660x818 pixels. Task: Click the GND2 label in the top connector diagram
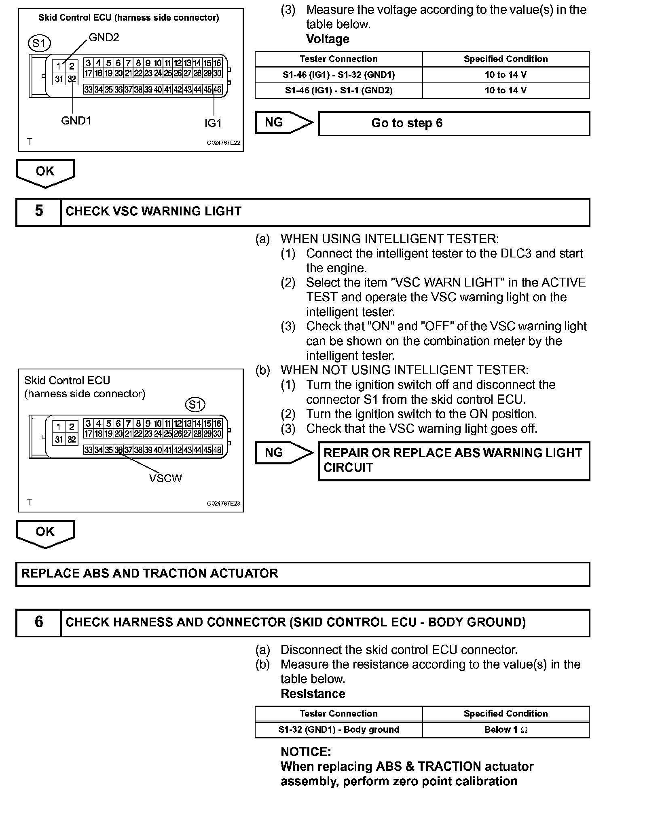pyautogui.click(x=104, y=38)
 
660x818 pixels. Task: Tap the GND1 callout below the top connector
pyautogui.click(x=76, y=120)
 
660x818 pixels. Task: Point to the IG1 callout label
pyautogui.click(x=213, y=123)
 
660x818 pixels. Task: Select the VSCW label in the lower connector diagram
pyautogui.click(x=165, y=479)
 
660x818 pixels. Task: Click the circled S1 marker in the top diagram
pyautogui.click(x=39, y=43)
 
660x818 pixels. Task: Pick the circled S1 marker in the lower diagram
pyautogui.click(x=195, y=405)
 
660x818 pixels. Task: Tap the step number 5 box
pyautogui.click(x=39, y=211)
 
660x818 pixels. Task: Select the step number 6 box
pyautogui.click(x=39, y=622)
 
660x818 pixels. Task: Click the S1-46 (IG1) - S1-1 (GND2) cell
pyautogui.click(x=338, y=91)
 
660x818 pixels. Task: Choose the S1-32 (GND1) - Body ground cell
pyautogui.click(x=338, y=729)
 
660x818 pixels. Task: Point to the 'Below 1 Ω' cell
pyautogui.click(x=506, y=729)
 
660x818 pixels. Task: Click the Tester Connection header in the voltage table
pyautogui.click(x=338, y=59)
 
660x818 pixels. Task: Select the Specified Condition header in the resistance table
pyautogui.click(x=506, y=714)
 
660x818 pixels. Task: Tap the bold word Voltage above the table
pyautogui.click(x=328, y=39)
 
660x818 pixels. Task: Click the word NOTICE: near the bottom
pyautogui.click(x=306, y=752)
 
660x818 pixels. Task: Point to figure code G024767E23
pyautogui.click(x=223, y=504)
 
